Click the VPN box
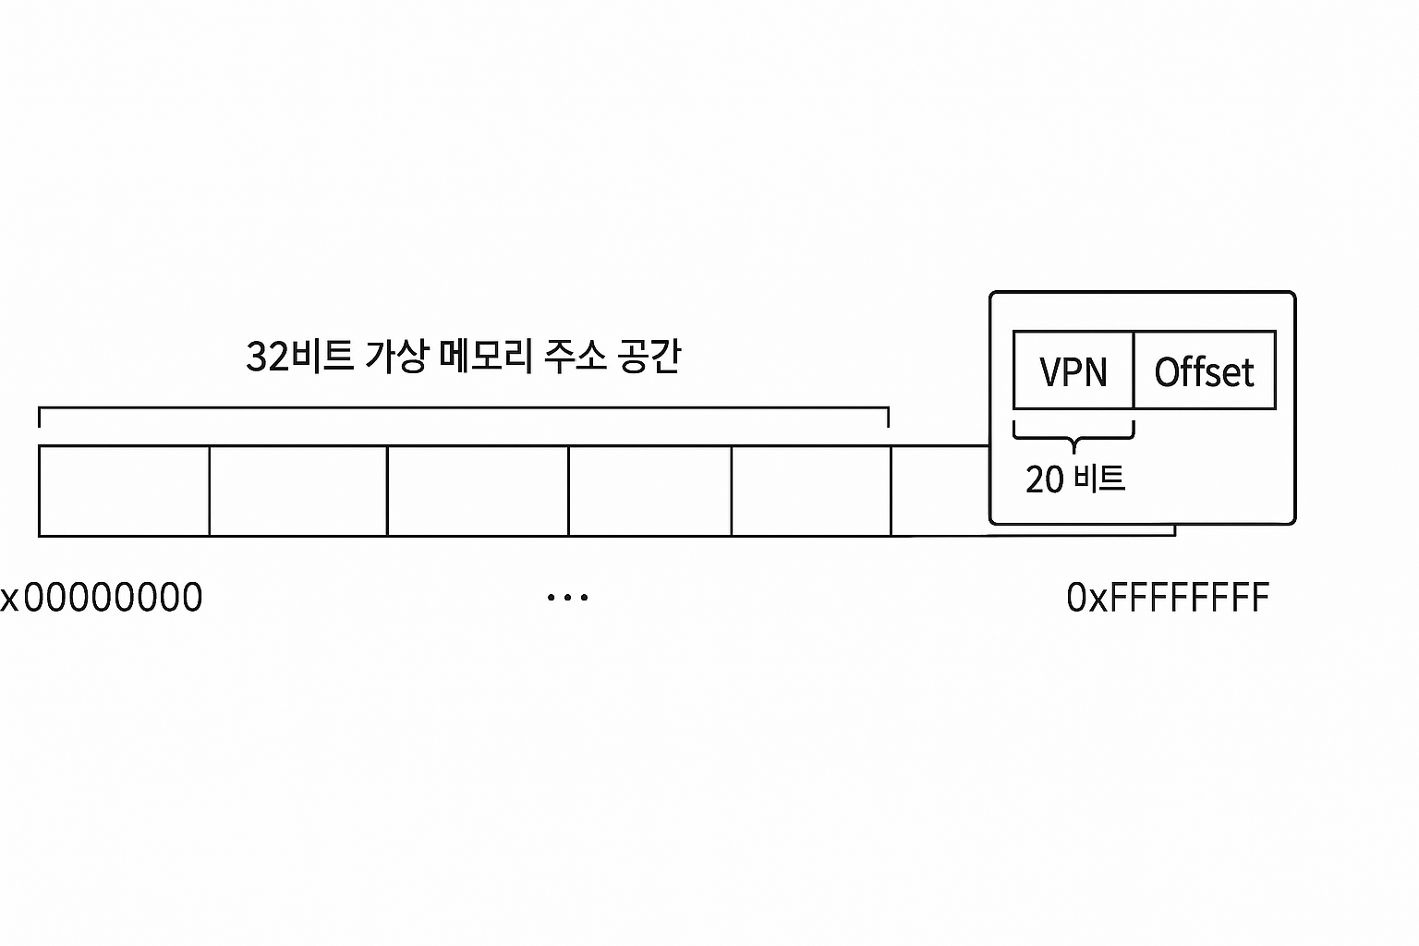[x=1073, y=370]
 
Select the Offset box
[x=1204, y=370]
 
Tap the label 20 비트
[x=1074, y=479]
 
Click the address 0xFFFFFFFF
[x=1168, y=598]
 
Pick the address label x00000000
[x=102, y=598]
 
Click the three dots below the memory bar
[x=567, y=598]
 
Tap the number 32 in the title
[x=268, y=357]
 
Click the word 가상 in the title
[x=397, y=357]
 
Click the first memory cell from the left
[x=124, y=491]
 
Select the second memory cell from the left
[x=297, y=491]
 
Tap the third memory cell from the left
[x=478, y=491]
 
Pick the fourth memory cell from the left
[x=649, y=491]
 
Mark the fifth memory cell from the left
[x=811, y=491]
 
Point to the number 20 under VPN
[x=1045, y=479]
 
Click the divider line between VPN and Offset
[x=1134, y=370]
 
